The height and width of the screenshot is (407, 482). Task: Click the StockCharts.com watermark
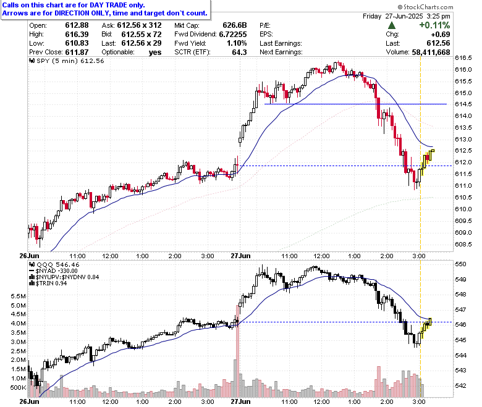[x=425, y=7]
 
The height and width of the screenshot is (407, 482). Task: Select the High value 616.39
[x=77, y=35]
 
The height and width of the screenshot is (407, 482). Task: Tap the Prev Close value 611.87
[x=77, y=52]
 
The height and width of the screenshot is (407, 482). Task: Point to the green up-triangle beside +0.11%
[x=392, y=25]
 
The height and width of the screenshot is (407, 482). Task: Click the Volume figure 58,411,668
[x=431, y=52]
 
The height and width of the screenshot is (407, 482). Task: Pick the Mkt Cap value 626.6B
[x=235, y=25]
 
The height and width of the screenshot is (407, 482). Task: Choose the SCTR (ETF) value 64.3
[x=240, y=52]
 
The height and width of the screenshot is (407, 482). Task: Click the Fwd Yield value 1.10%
[x=237, y=43]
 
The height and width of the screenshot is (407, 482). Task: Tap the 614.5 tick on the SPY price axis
[x=463, y=104]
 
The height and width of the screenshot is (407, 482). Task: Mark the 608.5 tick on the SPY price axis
[x=463, y=244]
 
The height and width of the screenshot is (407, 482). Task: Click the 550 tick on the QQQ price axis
[x=460, y=264]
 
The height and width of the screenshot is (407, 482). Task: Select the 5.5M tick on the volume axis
[x=18, y=296]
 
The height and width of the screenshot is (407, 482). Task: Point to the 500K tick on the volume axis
[x=18, y=387]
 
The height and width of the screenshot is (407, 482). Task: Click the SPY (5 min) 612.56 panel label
[x=67, y=61]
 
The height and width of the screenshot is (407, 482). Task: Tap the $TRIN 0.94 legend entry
[x=48, y=283]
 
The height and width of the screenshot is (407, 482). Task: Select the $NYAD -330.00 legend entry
[x=53, y=271]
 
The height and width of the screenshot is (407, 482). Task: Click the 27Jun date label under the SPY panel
[x=240, y=256]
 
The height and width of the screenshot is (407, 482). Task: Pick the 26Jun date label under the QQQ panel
[x=29, y=401]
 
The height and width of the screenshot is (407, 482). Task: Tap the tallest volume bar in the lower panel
[x=237, y=351]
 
